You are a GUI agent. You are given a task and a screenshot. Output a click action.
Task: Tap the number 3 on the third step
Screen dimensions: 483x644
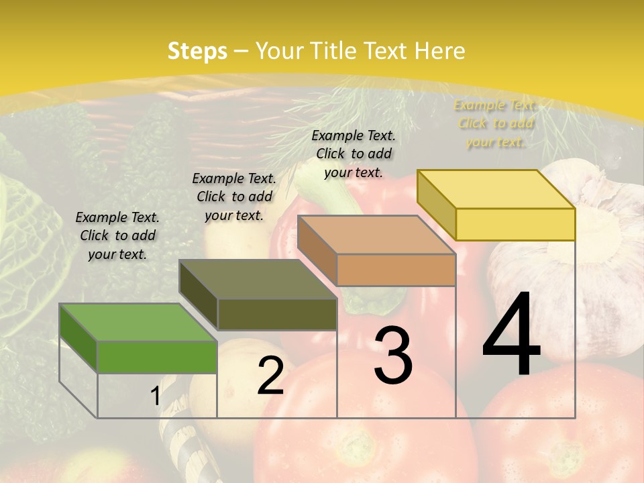pos(393,355)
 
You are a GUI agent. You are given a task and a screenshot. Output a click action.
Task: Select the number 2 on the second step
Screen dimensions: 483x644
pos(270,376)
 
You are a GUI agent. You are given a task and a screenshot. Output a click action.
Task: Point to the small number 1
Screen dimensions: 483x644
pos(155,396)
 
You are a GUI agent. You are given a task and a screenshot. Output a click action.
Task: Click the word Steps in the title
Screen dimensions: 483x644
pos(197,51)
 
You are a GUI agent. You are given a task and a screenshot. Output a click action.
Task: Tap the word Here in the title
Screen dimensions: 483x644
pos(439,51)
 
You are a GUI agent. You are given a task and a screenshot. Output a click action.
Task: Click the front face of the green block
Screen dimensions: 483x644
pos(157,357)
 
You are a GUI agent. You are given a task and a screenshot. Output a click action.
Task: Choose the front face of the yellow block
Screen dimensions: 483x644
pos(515,224)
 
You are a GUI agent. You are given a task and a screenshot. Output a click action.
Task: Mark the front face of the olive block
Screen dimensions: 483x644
pos(277,314)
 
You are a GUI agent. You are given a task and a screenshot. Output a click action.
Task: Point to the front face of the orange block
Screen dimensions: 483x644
pos(396,270)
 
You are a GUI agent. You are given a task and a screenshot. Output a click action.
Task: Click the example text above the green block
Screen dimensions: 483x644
pos(117,235)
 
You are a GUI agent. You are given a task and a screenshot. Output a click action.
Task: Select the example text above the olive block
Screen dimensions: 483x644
pos(234,197)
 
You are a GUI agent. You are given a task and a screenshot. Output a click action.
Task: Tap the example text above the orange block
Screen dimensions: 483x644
pos(354,154)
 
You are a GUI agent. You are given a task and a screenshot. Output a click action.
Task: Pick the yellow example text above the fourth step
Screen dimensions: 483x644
pos(496,123)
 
